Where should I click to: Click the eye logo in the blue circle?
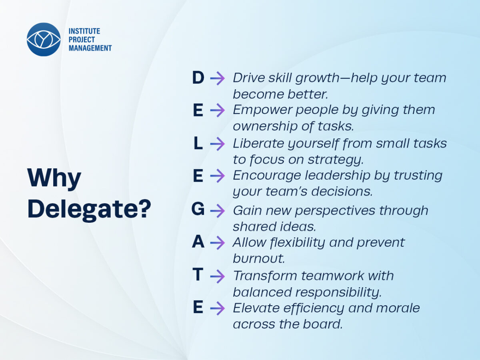pyautogui.click(x=44, y=39)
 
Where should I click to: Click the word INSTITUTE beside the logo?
pyautogui.click(x=84, y=31)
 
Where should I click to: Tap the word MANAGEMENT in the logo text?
pyautogui.click(x=90, y=48)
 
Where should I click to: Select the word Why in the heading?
pyautogui.click(x=54, y=178)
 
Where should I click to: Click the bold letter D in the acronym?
pyautogui.click(x=198, y=78)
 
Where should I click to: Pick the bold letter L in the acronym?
pyautogui.click(x=198, y=143)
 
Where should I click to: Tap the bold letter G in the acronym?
pyautogui.click(x=198, y=209)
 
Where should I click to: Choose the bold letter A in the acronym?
pyautogui.click(x=198, y=242)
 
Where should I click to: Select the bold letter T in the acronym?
pyautogui.click(x=198, y=274)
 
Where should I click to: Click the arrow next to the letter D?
pyautogui.click(x=217, y=78)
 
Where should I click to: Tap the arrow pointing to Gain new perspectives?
pyautogui.click(x=217, y=211)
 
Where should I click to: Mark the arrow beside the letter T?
pyautogui.click(x=217, y=276)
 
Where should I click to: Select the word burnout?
pyautogui.click(x=259, y=258)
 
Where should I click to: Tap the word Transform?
pyautogui.click(x=265, y=276)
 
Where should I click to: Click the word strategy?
pyautogui.click(x=336, y=160)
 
